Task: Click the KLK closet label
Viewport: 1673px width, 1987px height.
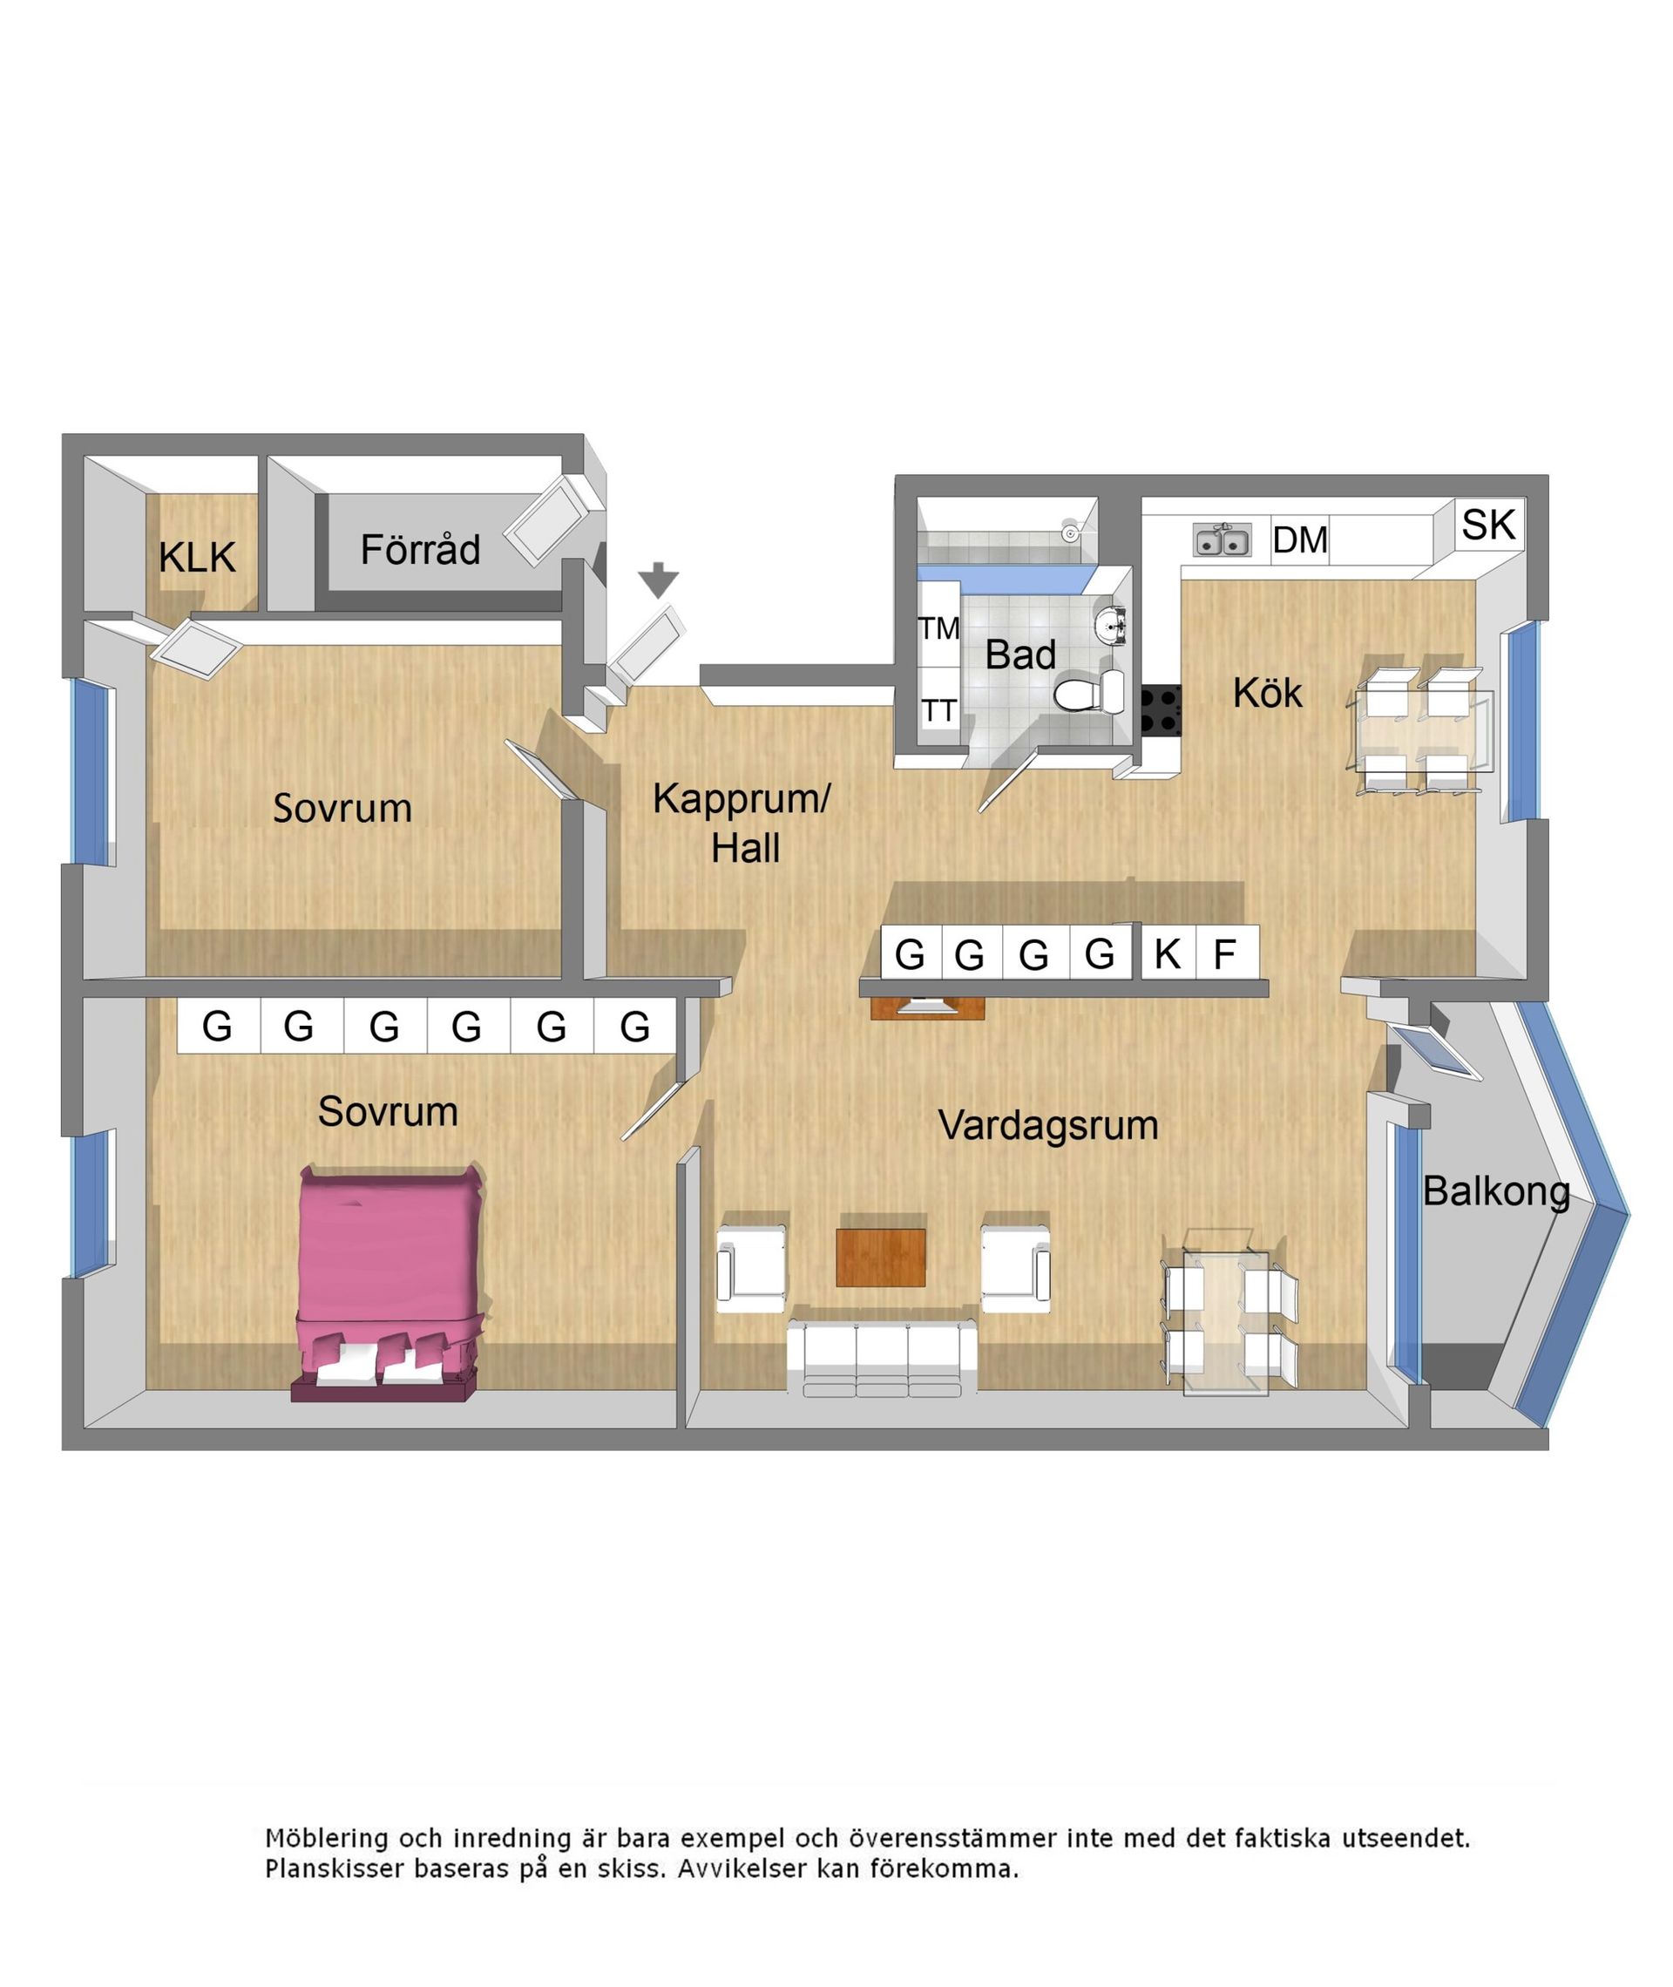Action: (x=196, y=557)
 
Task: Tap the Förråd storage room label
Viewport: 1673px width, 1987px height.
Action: (x=420, y=550)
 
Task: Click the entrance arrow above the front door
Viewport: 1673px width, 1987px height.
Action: (x=657, y=580)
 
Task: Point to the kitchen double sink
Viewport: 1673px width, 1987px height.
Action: (x=1222, y=540)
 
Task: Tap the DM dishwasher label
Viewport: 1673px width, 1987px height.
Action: (x=1299, y=540)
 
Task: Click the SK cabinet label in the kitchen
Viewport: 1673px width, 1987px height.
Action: (x=1488, y=526)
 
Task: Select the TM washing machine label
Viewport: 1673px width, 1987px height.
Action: (x=939, y=627)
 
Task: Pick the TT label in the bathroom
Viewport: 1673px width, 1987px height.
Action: (x=939, y=710)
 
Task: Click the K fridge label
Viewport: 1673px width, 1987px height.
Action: (x=1168, y=954)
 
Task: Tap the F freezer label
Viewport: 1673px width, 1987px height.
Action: (x=1225, y=954)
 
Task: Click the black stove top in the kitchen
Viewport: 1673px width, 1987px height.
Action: (x=1160, y=711)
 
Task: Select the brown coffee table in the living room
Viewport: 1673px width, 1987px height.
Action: (x=880, y=1258)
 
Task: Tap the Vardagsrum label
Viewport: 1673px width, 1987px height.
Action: (x=1048, y=1126)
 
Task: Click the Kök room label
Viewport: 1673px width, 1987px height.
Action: (x=1267, y=694)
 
